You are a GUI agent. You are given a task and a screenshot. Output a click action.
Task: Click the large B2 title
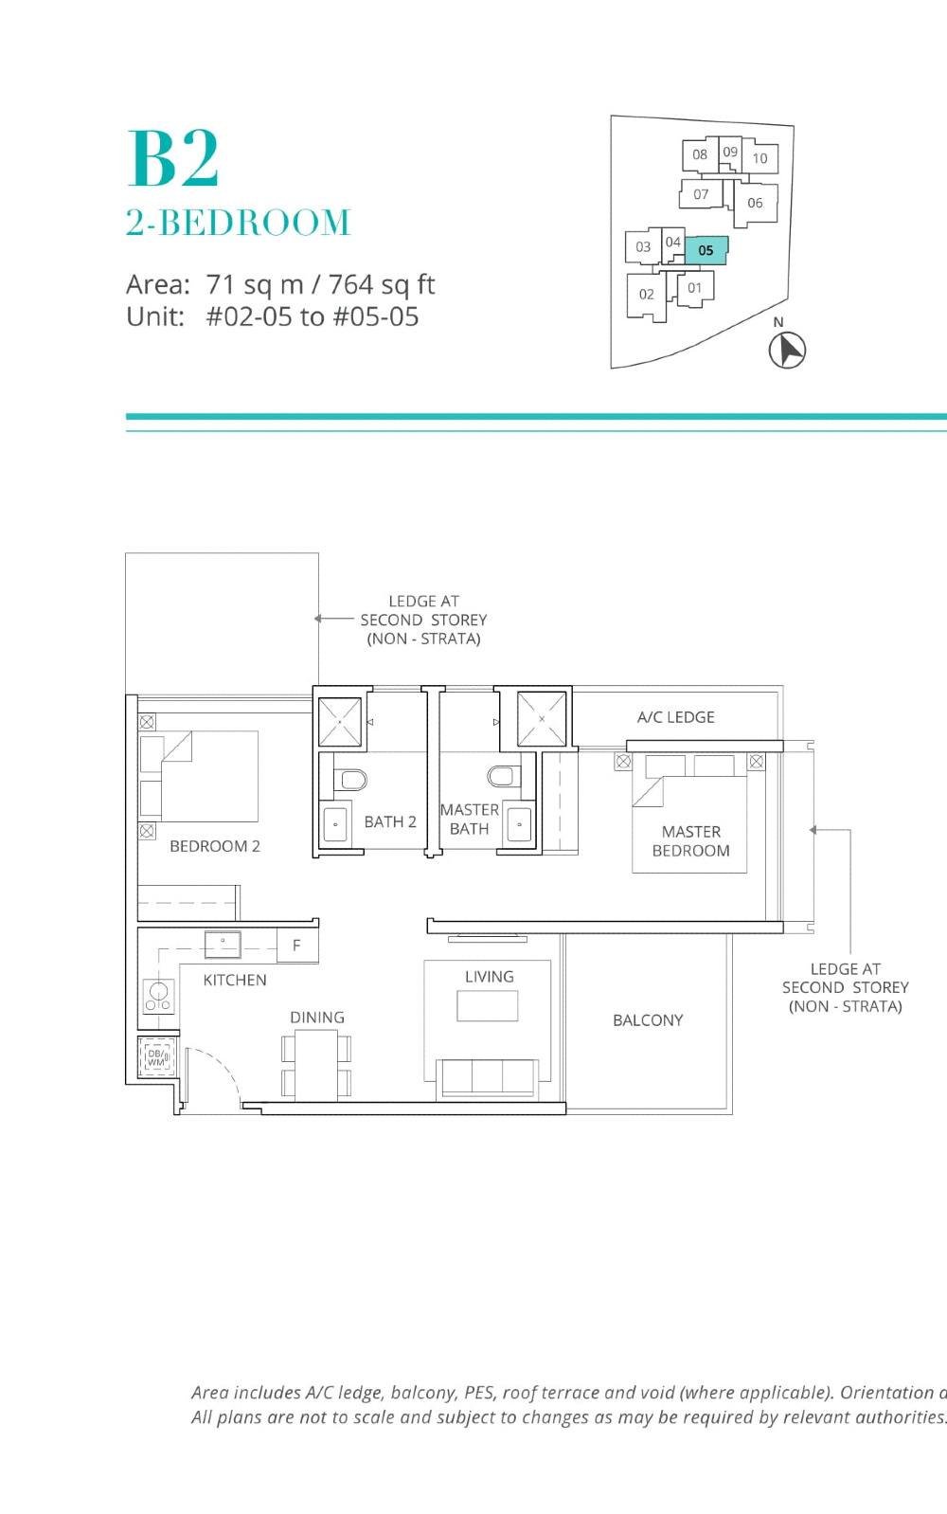(173, 159)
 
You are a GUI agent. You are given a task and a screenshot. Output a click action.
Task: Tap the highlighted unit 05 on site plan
(706, 250)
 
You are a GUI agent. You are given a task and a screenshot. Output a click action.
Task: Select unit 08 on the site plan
(699, 154)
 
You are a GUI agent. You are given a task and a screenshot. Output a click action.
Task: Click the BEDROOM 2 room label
(215, 846)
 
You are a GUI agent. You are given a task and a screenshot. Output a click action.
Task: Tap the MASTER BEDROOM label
(690, 840)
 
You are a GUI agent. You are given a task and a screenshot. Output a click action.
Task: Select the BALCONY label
(648, 1020)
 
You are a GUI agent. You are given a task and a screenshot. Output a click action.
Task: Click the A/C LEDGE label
(675, 717)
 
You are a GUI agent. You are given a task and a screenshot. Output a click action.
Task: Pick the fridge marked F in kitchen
(296, 945)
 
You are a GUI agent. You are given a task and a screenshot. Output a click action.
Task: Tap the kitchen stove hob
(157, 996)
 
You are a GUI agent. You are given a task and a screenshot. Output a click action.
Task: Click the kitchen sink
(223, 944)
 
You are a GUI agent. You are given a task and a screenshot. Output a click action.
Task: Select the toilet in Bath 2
(351, 780)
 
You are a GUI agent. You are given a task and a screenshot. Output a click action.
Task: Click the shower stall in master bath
(542, 719)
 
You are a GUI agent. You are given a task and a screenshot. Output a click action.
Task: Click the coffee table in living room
(487, 1005)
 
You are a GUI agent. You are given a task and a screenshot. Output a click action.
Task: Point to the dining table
(316, 1064)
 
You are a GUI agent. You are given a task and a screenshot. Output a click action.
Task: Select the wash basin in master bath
(518, 823)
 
